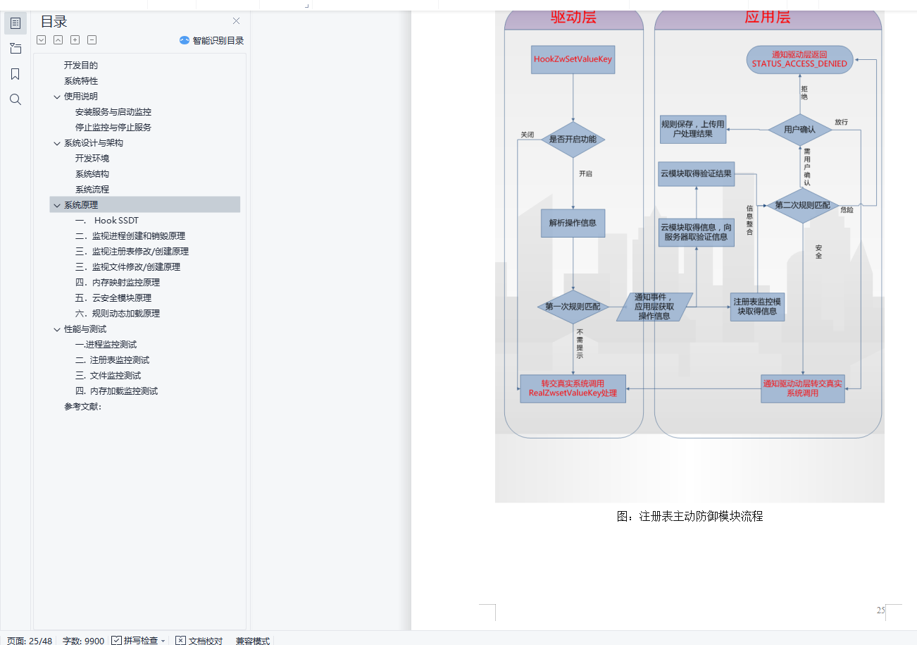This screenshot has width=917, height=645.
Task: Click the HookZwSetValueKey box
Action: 573,59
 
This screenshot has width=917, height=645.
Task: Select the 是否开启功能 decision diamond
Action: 573,140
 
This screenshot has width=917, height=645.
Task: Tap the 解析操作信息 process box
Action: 573,223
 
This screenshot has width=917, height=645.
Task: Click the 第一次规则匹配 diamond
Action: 573,307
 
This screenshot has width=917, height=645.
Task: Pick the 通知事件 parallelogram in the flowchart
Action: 654,307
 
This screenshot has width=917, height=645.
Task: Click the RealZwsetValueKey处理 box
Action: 573,388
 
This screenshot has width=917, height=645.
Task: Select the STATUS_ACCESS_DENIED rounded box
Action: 799,59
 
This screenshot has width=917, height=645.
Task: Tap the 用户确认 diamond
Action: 800,130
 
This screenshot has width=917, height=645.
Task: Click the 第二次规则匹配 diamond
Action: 802,205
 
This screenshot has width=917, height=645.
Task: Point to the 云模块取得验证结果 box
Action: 696,174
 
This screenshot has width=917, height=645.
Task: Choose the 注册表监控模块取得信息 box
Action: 757,307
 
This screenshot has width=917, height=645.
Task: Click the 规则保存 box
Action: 692,129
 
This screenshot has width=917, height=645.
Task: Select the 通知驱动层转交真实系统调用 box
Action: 802,388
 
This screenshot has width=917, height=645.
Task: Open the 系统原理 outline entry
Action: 81,205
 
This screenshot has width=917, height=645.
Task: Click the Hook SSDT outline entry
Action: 116,221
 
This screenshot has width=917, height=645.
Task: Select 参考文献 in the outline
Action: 82,407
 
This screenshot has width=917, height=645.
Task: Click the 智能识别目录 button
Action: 212,41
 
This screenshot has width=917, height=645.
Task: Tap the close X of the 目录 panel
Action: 236,21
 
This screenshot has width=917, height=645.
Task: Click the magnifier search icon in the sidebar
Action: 15,99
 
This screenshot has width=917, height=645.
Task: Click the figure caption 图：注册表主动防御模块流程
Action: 690,517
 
